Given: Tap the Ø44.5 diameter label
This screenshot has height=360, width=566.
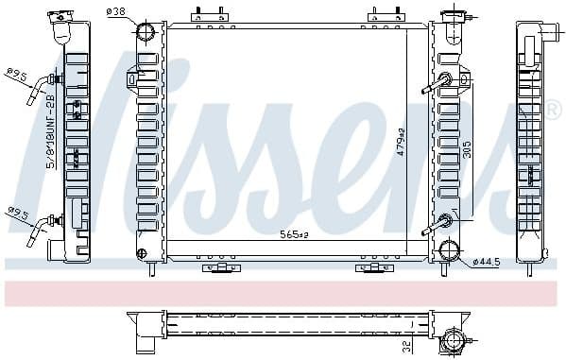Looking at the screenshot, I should (487, 260).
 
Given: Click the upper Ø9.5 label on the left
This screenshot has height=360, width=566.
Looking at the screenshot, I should (16, 72).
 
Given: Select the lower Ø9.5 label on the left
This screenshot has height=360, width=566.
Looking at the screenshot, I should (16, 213).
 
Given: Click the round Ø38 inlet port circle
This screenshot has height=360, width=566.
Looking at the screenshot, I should (146, 33).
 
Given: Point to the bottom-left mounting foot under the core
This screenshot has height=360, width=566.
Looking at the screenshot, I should (217, 267).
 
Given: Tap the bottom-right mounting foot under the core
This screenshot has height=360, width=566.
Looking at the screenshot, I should (369, 267).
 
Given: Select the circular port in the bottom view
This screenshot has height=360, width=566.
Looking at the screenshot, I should (450, 337).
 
